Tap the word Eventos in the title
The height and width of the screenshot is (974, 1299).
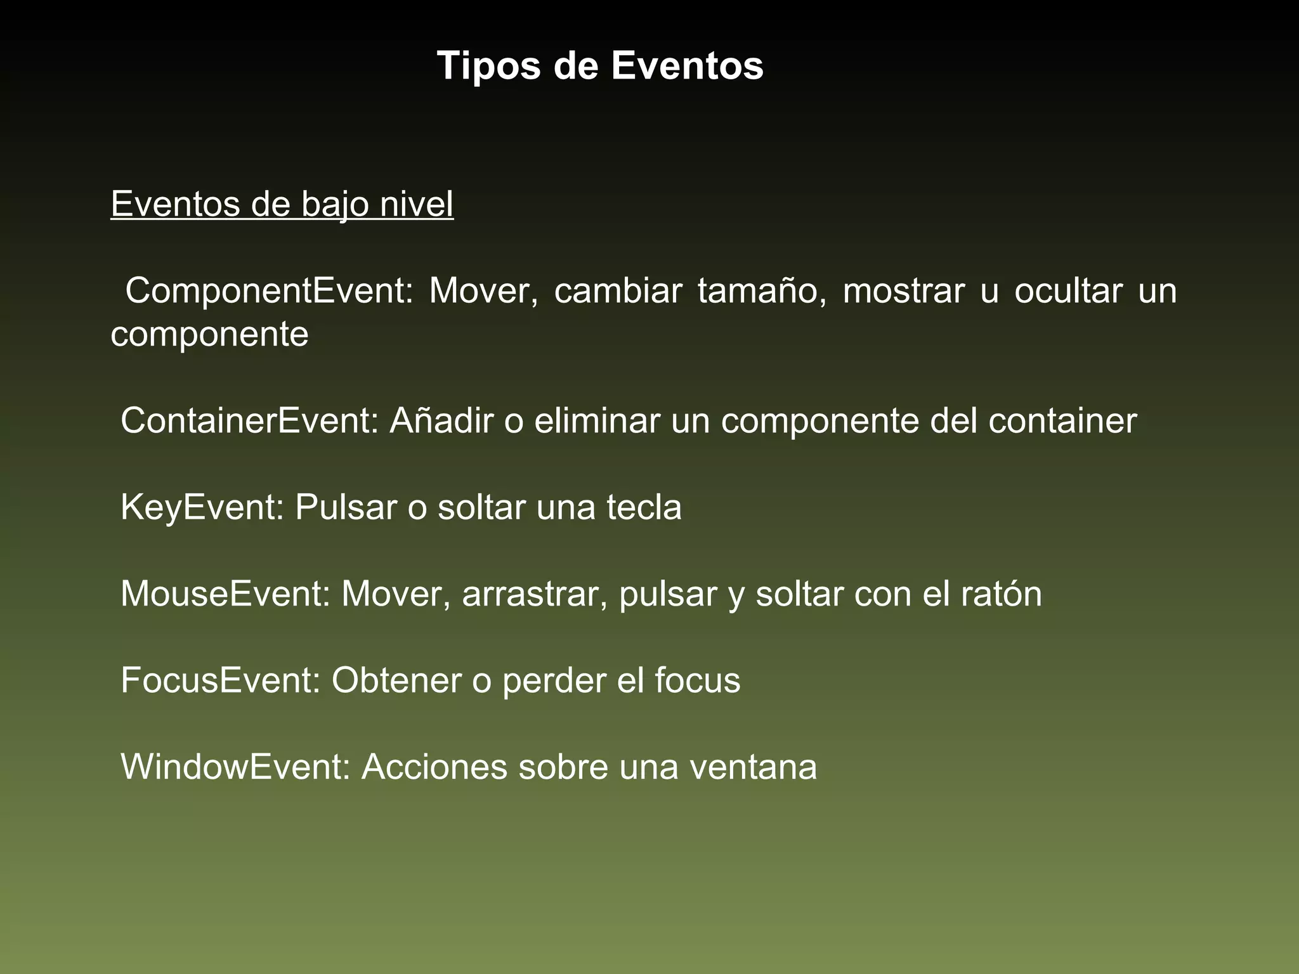(x=687, y=66)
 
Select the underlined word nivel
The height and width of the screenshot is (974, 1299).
(x=417, y=204)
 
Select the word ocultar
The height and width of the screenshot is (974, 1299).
(x=1068, y=291)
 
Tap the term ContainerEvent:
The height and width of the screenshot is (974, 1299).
(x=250, y=420)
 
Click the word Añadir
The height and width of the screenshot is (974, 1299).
(x=441, y=420)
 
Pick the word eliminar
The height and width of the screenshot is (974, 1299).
(x=597, y=420)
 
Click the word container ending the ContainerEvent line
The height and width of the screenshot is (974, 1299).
(x=1062, y=420)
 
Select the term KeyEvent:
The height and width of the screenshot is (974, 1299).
(x=202, y=507)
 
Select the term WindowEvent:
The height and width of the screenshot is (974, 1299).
(x=235, y=767)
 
